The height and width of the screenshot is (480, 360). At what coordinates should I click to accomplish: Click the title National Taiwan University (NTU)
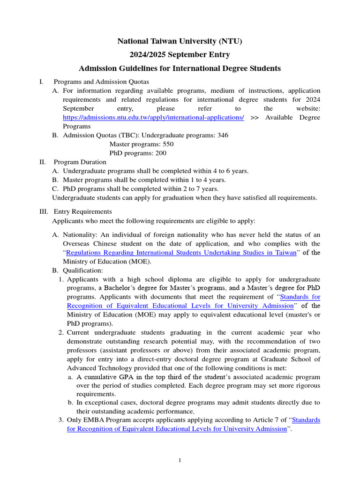point(180,42)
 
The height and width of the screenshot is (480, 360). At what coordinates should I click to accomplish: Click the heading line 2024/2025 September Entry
point(180,55)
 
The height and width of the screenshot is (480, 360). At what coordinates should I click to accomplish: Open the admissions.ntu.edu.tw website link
point(153,118)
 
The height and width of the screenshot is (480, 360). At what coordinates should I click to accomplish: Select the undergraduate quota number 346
point(223,135)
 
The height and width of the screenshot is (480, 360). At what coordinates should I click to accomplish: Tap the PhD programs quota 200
point(160,153)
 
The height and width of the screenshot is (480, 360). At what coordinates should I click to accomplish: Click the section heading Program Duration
point(80,162)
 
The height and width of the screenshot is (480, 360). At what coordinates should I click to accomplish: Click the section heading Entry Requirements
point(83,212)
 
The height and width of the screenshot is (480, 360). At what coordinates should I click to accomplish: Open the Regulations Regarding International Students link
point(181,253)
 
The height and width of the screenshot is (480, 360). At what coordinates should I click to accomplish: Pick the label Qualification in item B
point(82,270)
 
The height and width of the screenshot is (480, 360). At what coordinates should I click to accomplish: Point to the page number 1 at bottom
point(180,461)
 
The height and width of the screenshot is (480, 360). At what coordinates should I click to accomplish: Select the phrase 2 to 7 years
point(197,189)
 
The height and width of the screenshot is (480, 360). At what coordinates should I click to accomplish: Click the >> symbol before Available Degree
point(255,118)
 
